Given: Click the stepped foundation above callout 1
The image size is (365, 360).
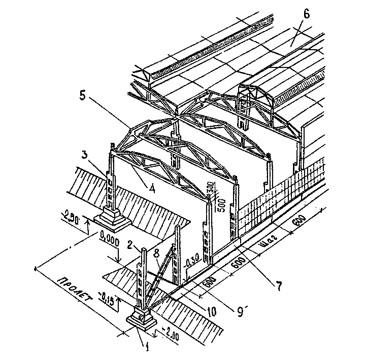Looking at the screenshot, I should click(x=142, y=317).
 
